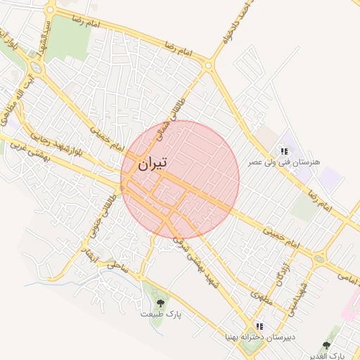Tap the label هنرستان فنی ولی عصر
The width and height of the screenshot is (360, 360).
click(283, 162)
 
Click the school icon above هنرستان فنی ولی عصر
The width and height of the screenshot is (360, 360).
click(283, 150)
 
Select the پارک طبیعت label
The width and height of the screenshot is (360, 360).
click(160, 314)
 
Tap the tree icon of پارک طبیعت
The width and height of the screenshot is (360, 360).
click(160, 303)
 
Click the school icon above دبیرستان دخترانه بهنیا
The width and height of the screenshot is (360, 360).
click(259, 327)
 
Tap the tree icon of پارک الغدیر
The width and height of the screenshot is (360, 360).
click(326, 345)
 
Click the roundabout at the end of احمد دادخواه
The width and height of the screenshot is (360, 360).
click(208, 66)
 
